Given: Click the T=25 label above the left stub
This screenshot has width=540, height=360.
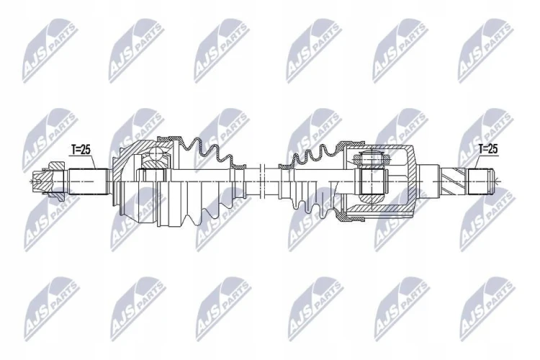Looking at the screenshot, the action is (80, 149).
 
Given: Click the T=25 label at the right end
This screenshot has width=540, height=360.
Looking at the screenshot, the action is (488, 149).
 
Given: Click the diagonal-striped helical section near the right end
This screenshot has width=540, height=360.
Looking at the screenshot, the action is (453, 181).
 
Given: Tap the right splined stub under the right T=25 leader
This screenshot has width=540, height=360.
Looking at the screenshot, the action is (480, 181).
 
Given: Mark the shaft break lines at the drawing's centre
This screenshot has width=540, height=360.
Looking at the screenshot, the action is (261, 181).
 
